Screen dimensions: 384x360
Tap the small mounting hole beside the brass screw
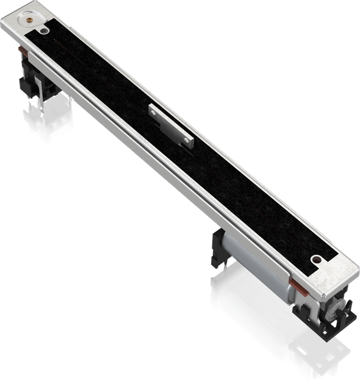click(x=44, y=27)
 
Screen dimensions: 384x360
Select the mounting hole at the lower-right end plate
click(x=315, y=260)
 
